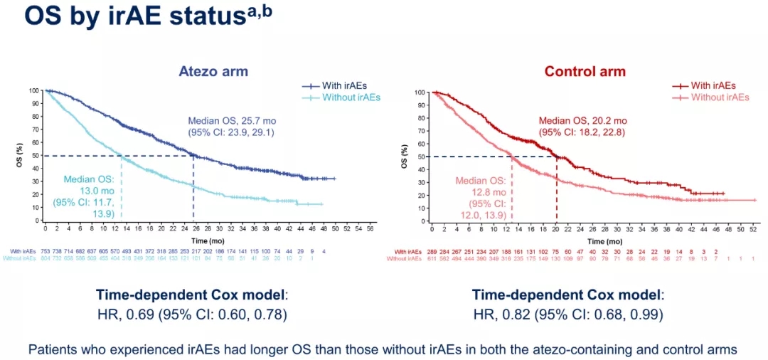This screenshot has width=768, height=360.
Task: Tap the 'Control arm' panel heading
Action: tap(585, 72)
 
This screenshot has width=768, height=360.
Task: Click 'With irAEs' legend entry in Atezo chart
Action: tap(346, 85)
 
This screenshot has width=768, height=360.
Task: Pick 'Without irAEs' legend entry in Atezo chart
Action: tap(351, 97)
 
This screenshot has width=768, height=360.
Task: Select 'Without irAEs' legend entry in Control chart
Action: tap(720, 97)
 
